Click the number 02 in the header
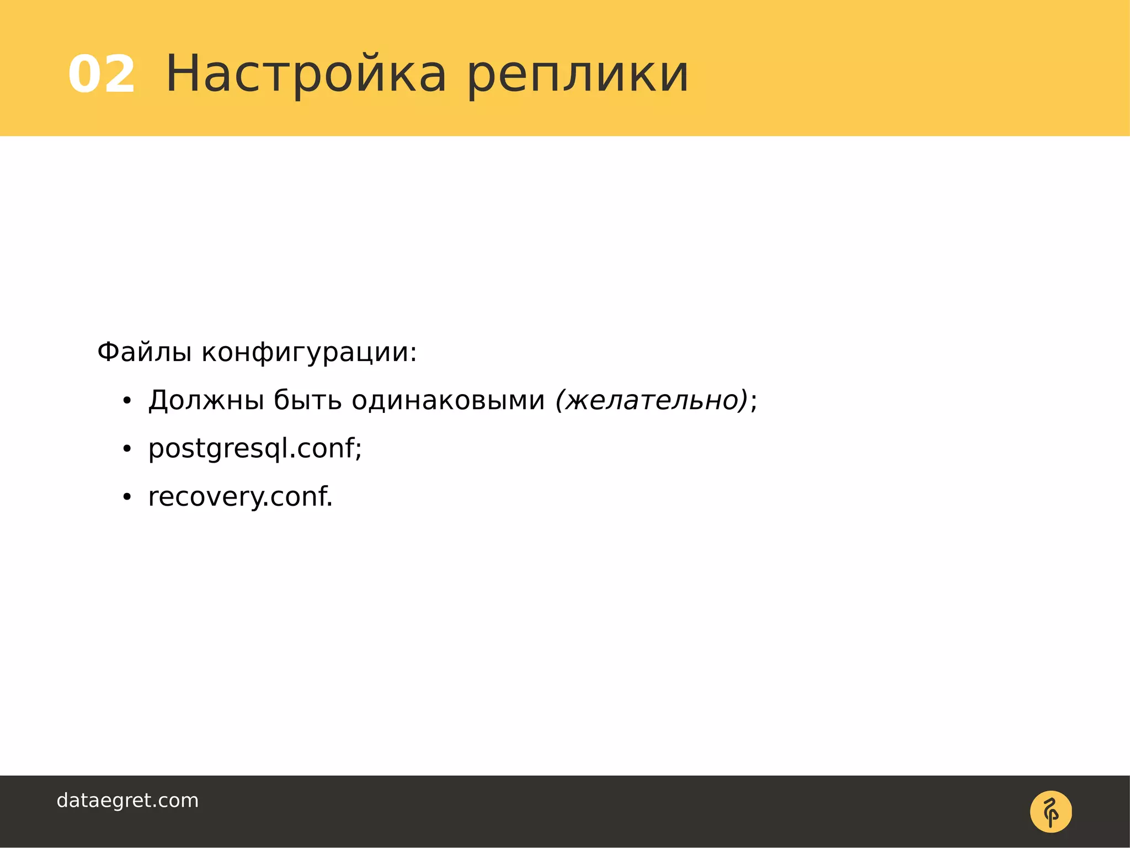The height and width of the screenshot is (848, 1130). [x=102, y=75]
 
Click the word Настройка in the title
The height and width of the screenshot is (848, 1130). [x=306, y=75]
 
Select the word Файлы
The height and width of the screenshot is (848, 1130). [x=145, y=352]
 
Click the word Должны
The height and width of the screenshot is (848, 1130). [x=206, y=400]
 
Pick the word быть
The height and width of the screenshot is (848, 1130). [x=308, y=400]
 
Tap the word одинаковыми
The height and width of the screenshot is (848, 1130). [x=448, y=400]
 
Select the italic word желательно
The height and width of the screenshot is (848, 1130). [x=652, y=400]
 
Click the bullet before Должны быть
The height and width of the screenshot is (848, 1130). [x=127, y=401]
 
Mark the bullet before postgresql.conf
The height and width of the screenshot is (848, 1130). [x=127, y=449]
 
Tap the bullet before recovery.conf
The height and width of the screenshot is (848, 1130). [x=127, y=497]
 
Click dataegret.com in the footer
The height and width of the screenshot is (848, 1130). [x=127, y=801]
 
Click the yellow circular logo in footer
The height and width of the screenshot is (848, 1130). [x=1051, y=812]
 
